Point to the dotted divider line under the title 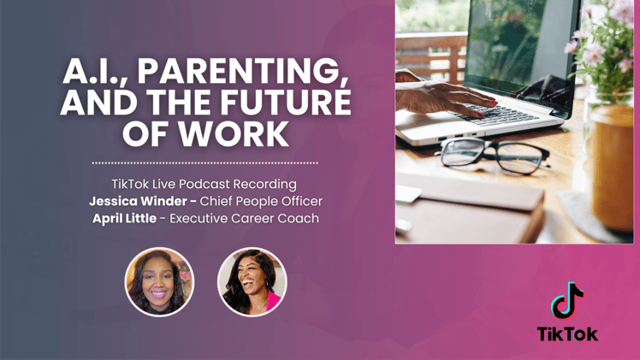tap(204, 162)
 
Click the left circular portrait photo tap(159, 281)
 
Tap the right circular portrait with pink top tap(252, 281)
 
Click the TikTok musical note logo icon tap(567, 300)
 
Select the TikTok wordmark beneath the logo tap(567, 334)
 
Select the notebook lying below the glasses tap(479, 201)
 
